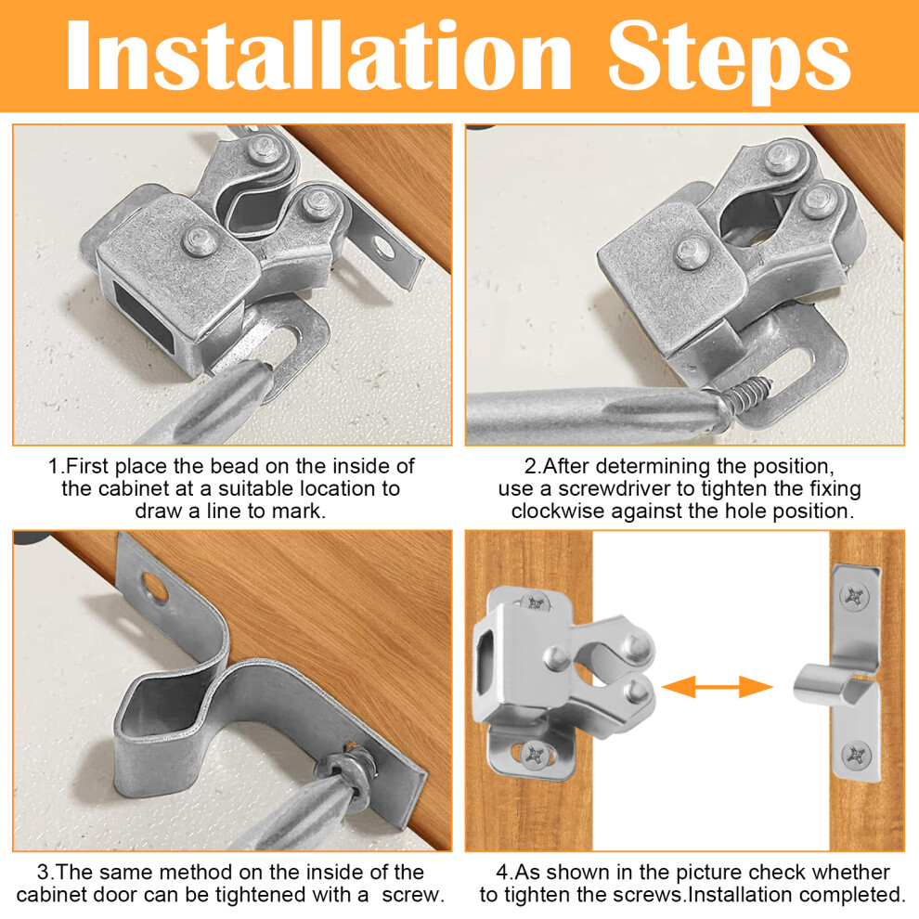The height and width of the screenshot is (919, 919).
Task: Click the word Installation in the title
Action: (x=318, y=56)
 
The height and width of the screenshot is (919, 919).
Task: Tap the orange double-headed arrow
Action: (x=717, y=686)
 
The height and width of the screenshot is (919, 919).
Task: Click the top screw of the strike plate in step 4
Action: (x=854, y=597)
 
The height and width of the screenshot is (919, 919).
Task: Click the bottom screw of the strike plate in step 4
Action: (x=856, y=756)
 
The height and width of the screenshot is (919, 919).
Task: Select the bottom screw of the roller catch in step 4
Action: (x=535, y=755)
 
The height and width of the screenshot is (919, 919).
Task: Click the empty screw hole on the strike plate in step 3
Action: (x=155, y=588)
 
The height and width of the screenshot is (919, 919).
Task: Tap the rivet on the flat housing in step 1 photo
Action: (x=201, y=240)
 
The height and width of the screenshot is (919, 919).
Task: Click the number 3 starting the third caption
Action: (x=43, y=873)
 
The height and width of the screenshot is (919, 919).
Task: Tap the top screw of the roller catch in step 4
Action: (x=535, y=602)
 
